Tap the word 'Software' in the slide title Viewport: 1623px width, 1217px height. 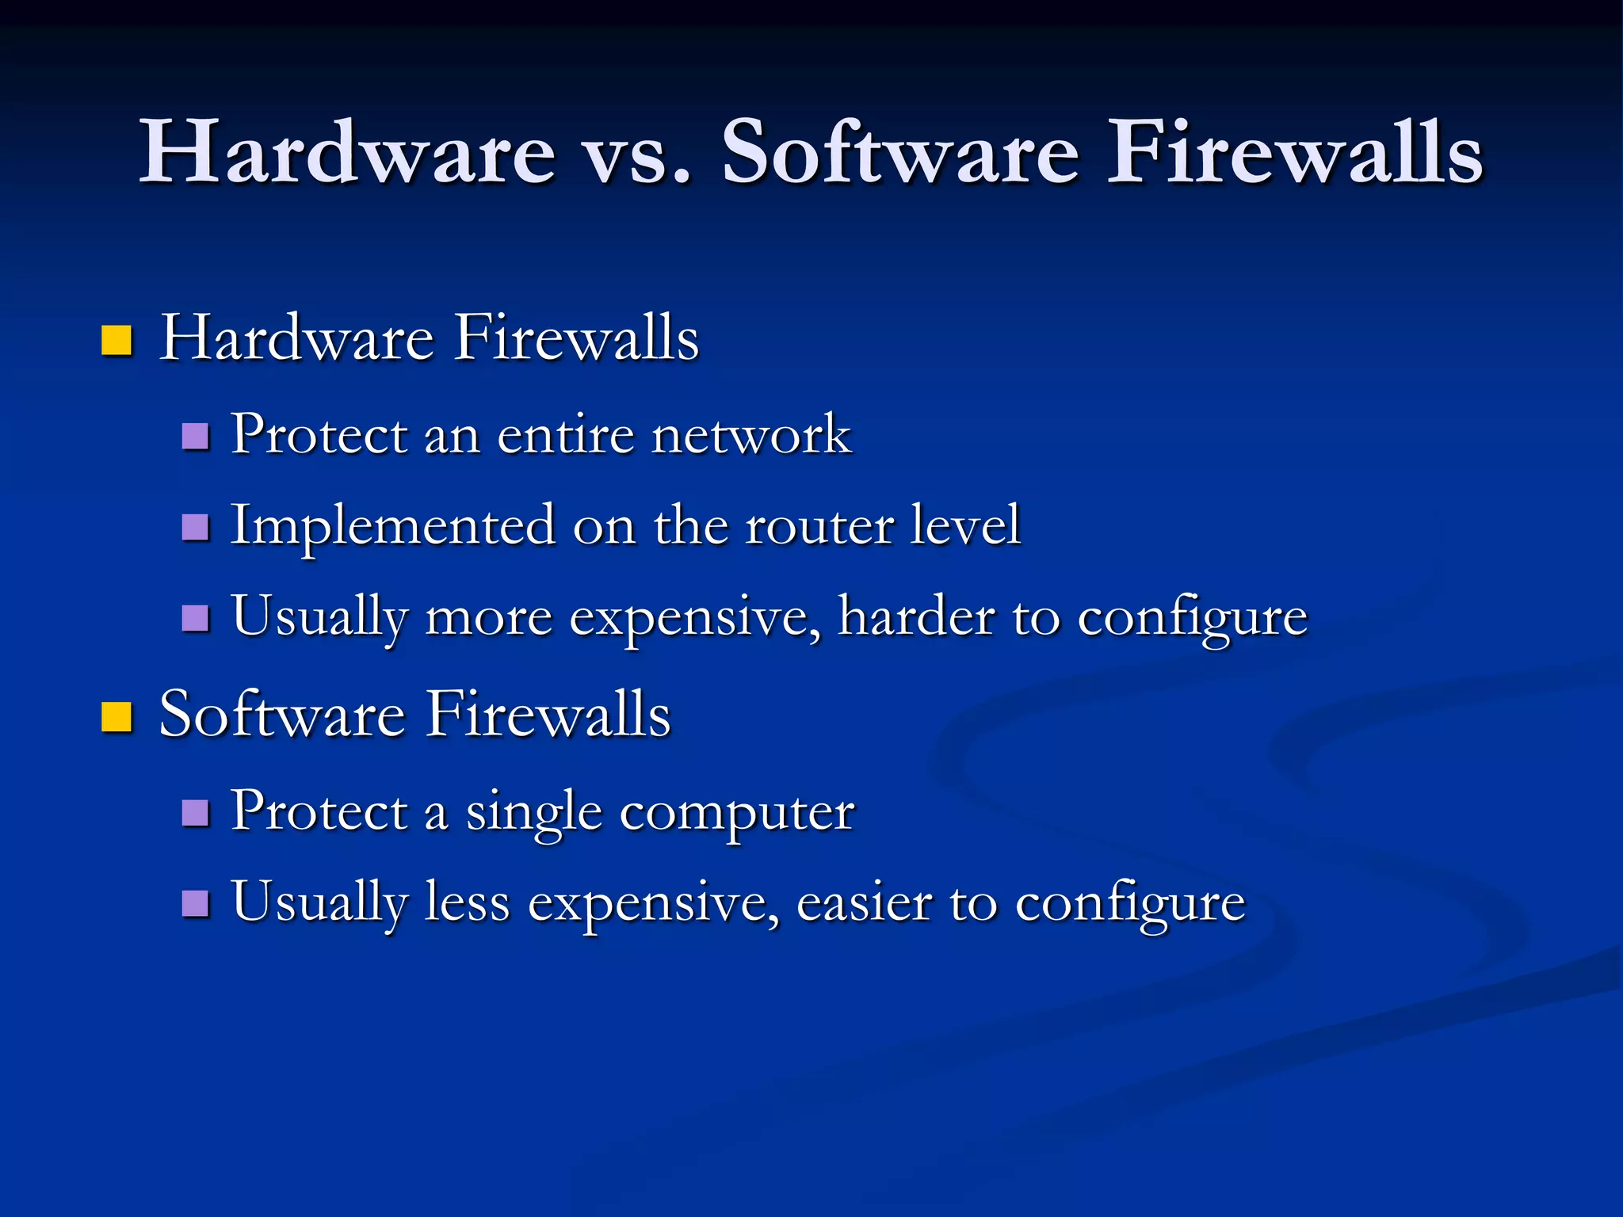pyautogui.click(x=899, y=152)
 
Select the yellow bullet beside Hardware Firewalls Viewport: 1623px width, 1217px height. pyautogui.click(x=116, y=341)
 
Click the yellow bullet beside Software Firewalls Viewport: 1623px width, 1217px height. pyautogui.click(x=116, y=716)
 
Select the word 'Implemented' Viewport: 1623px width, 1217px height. pyautogui.click(x=393, y=526)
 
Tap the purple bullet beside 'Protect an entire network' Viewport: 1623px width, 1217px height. pyautogui.click(x=195, y=436)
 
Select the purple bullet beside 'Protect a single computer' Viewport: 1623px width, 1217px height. pyautogui.click(x=195, y=812)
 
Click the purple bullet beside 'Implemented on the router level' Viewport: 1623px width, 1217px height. pyautogui.click(x=195, y=527)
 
